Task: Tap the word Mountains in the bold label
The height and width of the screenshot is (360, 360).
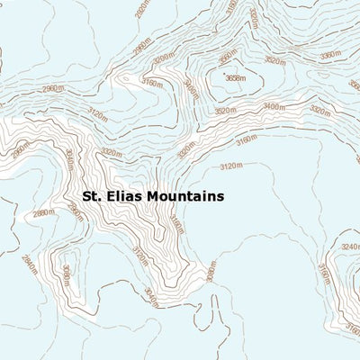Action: [179, 195]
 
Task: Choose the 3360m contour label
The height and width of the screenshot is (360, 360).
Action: [330, 55]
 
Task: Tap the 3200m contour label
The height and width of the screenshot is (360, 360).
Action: [163, 58]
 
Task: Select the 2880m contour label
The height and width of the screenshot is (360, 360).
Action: [43, 213]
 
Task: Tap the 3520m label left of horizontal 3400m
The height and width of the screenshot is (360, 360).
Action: [225, 111]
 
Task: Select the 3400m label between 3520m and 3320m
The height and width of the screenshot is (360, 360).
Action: [274, 107]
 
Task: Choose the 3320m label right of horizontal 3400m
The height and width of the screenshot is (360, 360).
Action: [319, 111]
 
